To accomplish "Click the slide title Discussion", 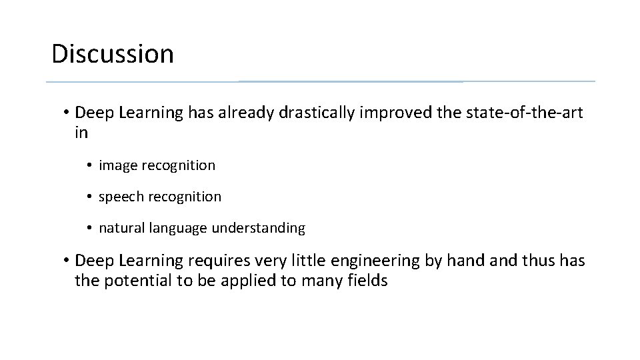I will coord(112,54).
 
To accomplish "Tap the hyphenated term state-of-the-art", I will coord(510,113).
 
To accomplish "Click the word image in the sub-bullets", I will coord(116,166).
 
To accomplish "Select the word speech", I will coord(119,197).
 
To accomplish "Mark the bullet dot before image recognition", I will coord(89,165).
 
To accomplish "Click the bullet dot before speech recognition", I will coord(89,197).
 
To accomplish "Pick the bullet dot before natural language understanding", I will coord(89,228).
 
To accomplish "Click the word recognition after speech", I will coord(188,197).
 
